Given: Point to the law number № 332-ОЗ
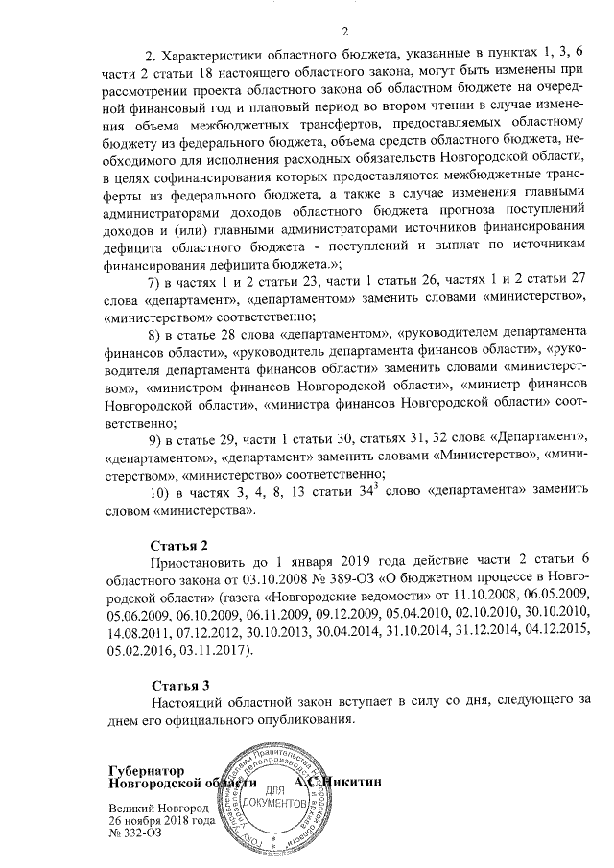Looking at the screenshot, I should pos(135,833).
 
